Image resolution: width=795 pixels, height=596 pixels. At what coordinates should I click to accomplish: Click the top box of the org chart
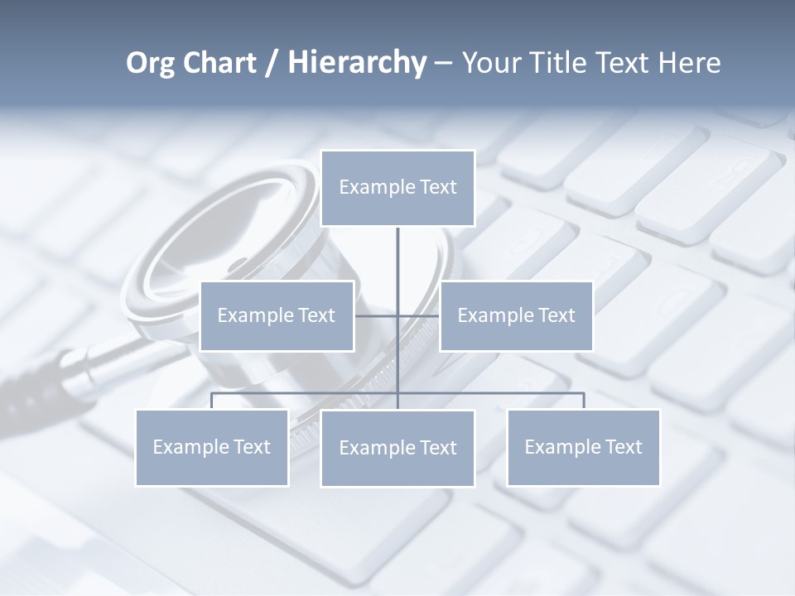(x=397, y=188)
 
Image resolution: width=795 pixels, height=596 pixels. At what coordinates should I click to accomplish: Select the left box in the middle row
(x=277, y=315)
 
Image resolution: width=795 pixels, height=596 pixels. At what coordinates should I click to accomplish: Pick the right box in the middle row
(x=516, y=315)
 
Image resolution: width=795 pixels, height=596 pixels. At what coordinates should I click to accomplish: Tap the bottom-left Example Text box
(x=212, y=447)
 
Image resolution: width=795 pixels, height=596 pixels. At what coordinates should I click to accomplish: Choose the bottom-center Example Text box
(x=397, y=448)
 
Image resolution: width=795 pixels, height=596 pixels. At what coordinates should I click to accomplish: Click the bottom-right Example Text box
(x=583, y=447)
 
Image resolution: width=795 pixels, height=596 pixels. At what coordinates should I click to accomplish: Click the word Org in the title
(x=150, y=63)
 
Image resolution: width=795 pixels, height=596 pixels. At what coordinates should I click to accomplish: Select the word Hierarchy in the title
(x=357, y=63)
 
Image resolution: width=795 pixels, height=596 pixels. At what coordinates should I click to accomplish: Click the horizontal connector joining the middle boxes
(x=377, y=315)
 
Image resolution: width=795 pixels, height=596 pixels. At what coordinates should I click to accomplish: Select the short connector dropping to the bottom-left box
(x=212, y=401)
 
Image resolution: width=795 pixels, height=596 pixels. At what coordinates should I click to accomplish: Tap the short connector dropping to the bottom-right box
(x=584, y=401)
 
